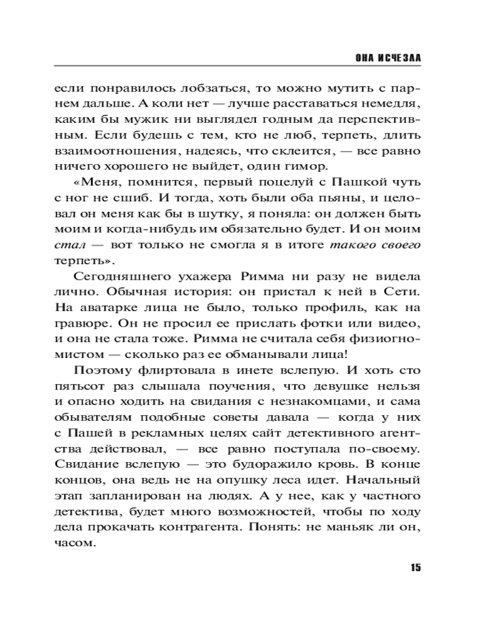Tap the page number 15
pos(415,568)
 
